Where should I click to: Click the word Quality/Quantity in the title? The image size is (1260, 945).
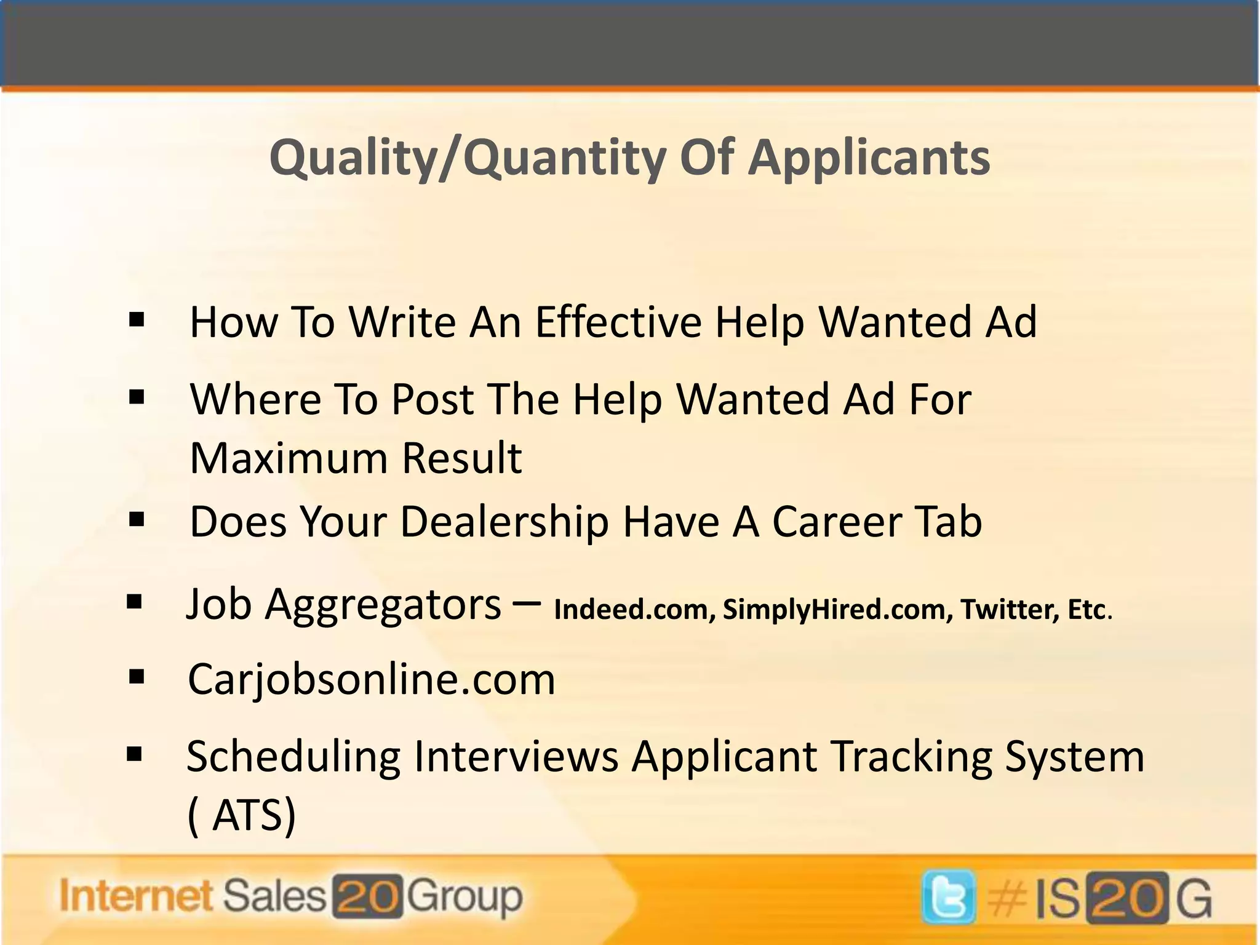pos(467,158)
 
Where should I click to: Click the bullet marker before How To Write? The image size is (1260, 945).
pos(137,320)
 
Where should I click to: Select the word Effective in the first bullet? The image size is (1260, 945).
pos(618,322)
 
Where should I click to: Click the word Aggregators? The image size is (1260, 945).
pos(383,605)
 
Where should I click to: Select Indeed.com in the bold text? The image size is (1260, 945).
pos(634,610)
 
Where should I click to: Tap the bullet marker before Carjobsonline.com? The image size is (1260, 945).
pos(137,677)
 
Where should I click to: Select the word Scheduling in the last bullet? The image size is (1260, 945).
pos(293,757)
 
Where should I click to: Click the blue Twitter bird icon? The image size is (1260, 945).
pos(948,898)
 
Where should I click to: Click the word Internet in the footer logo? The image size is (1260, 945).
pos(136,896)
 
